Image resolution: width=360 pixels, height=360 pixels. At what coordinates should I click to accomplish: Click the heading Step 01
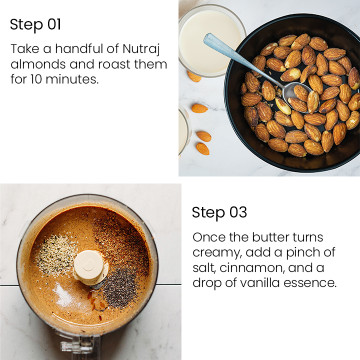[x=35, y=25]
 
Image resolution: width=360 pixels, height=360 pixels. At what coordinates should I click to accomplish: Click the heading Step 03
[x=219, y=212]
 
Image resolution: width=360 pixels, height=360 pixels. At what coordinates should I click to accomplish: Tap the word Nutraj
[x=141, y=49]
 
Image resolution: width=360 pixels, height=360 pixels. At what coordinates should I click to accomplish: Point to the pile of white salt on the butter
[x=63, y=295]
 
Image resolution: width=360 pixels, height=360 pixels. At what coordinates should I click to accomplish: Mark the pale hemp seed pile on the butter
[x=55, y=255]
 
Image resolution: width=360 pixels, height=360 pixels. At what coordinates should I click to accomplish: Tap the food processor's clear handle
[x=79, y=347]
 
